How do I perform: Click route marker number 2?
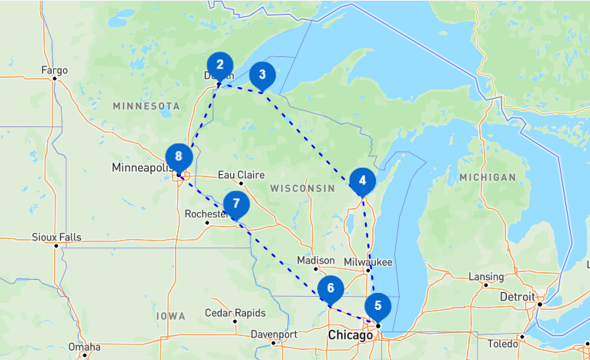tap(220, 65)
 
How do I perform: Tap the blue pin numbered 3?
tap(263, 75)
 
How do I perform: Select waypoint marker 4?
tap(362, 180)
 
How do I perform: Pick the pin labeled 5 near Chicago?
tap(377, 305)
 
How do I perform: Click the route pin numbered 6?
tap(330, 289)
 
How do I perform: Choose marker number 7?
tap(236, 205)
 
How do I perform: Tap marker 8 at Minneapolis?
tap(179, 156)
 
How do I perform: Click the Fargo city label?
tap(54, 70)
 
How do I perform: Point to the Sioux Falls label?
tap(56, 237)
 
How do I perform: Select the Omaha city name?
tap(84, 347)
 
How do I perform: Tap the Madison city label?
tap(316, 261)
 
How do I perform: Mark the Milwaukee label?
tap(368, 262)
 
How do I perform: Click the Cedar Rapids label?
tap(235, 313)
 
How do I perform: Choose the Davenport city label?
tap(274, 335)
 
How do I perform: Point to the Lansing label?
tap(486, 277)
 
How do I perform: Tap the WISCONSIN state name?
tap(302, 188)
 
